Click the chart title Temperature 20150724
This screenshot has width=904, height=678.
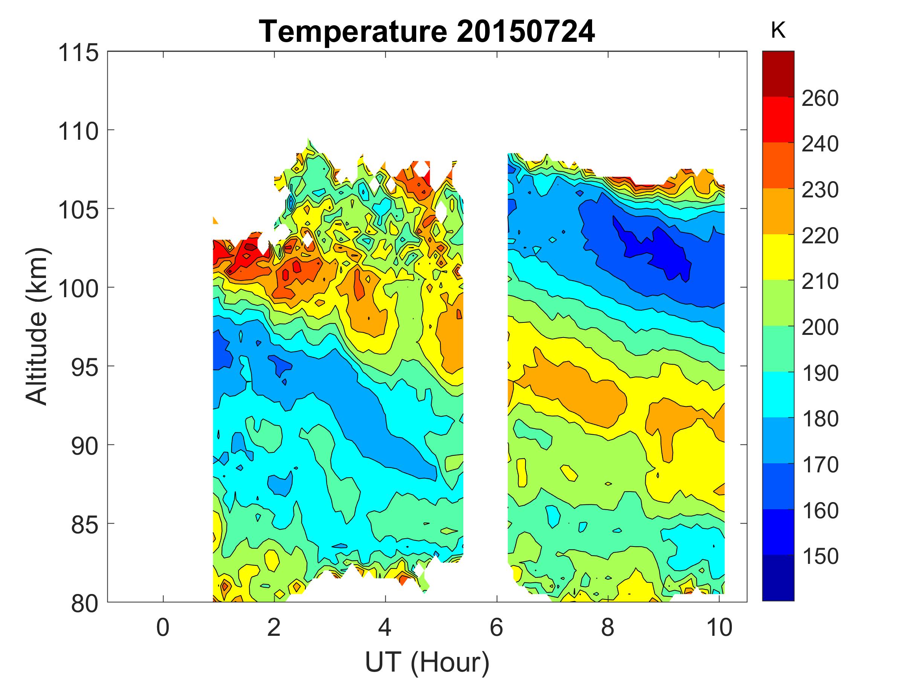click(x=427, y=32)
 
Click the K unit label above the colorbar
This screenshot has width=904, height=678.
click(x=778, y=31)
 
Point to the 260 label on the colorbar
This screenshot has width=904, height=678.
click(x=820, y=98)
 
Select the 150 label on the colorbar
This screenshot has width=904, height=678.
click(x=820, y=556)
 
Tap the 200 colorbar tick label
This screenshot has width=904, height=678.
click(x=820, y=327)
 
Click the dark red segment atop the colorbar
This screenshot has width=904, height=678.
click(x=778, y=73)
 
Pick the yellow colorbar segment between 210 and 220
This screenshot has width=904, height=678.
click(x=778, y=257)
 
